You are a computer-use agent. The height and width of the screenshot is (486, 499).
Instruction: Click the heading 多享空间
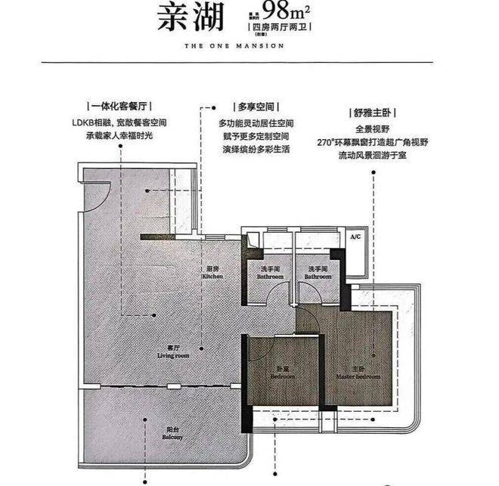(x=255, y=107)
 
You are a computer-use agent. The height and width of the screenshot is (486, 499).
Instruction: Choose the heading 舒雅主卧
(x=373, y=112)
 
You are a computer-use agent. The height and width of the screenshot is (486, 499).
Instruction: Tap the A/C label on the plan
(x=355, y=237)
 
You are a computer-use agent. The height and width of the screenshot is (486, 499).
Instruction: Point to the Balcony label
(x=172, y=437)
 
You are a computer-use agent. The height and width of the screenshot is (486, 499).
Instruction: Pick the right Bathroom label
(x=317, y=274)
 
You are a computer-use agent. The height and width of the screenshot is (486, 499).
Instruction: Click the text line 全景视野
(x=373, y=128)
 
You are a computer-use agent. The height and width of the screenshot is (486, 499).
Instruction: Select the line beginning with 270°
(x=373, y=143)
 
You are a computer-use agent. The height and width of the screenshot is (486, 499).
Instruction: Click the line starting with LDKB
(x=121, y=122)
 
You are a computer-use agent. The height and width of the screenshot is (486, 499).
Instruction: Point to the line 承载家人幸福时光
(x=121, y=137)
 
